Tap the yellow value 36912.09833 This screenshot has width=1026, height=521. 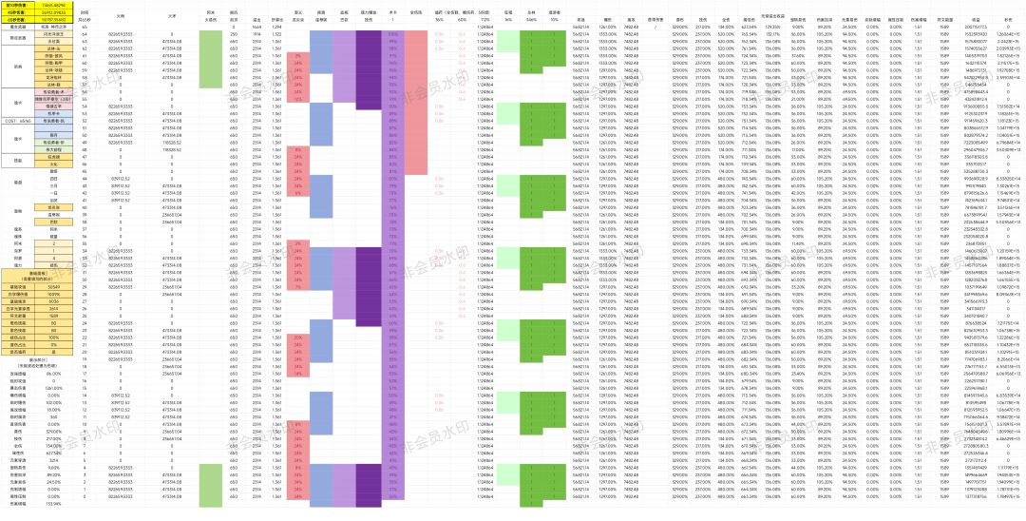(x=47, y=11)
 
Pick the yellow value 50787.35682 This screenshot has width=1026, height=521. (x=47, y=18)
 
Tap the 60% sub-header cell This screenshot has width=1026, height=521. (x=462, y=19)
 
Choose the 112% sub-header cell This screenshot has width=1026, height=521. (x=484, y=19)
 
